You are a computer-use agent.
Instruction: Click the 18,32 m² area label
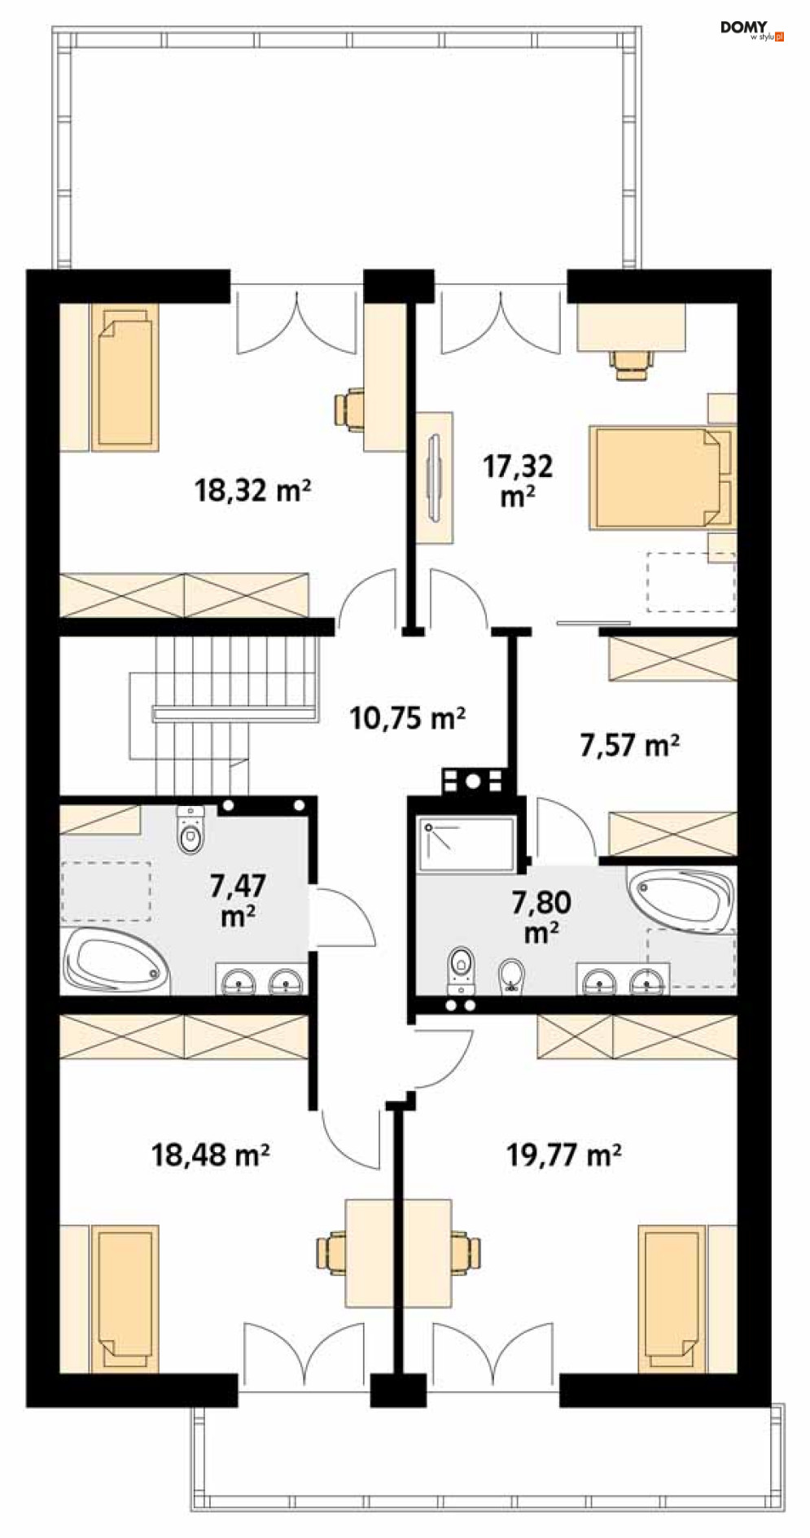click(252, 490)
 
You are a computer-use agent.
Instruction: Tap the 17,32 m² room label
click(518, 480)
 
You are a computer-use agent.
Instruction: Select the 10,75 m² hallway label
click(407, 718)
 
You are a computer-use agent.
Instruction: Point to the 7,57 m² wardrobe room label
click(630, 745)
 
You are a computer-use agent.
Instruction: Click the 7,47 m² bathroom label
click(238, 899)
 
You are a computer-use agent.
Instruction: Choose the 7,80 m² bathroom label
click(541, 916)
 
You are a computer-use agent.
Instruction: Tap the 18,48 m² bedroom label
click(211, 1154)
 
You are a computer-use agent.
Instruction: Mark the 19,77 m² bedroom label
click(564, 1154)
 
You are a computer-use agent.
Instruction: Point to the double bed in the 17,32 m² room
click(662, 476)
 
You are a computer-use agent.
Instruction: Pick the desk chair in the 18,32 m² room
click(348, 407)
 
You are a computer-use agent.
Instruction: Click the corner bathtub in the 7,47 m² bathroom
click(116, 961)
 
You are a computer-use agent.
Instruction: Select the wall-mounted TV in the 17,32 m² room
click(436, 476)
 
